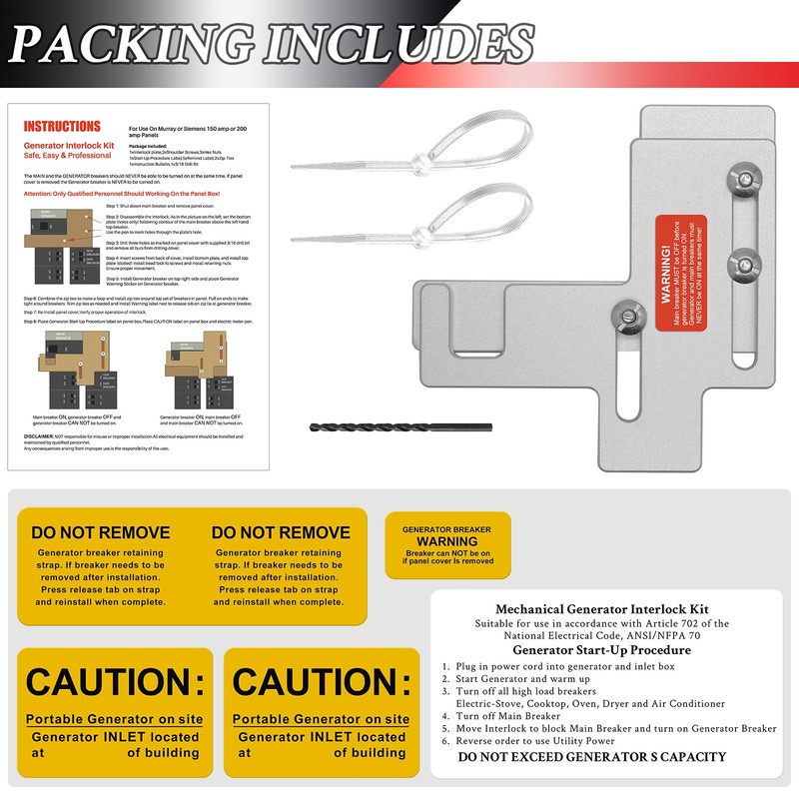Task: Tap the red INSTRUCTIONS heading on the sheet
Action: coord(62,127)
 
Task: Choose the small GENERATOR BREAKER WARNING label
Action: coord(447,544)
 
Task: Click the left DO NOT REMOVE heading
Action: coord(100,532)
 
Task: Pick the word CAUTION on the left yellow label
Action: coord(115,683)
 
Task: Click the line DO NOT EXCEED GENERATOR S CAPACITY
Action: coord(592,757)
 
